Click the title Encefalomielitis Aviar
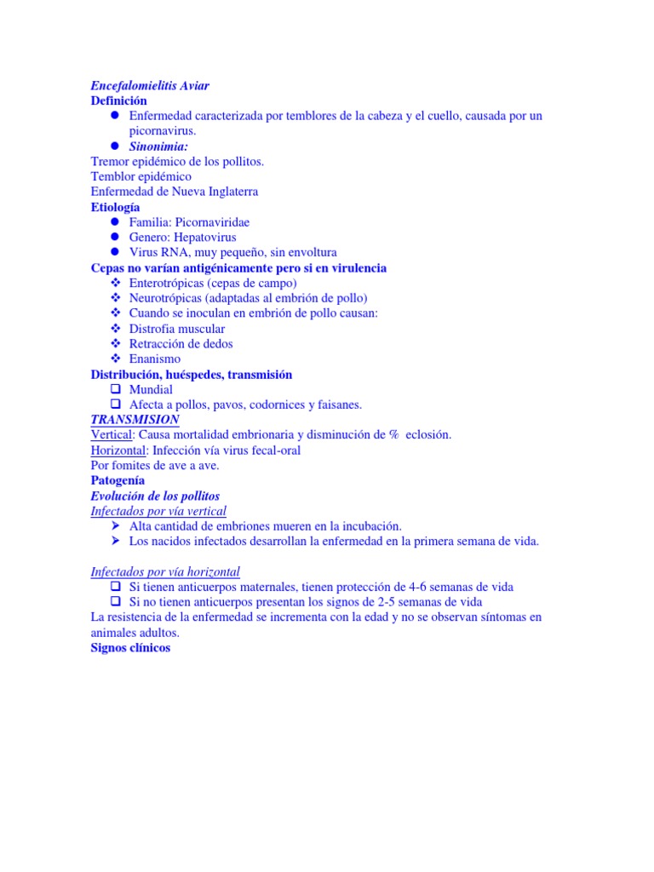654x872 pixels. click(150, 85)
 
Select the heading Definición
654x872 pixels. click(118, 100)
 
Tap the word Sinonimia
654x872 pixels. click(158, 146)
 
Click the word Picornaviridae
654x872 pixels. click(212, 222)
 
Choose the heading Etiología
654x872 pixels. click(116, 207)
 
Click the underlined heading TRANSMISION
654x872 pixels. click(135, 420)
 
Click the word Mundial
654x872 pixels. click(151, 390)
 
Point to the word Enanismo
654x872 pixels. click(155, 359)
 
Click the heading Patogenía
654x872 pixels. click(118, 481)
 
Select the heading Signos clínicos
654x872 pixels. click(130, 648)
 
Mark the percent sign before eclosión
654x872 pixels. click(394, 435)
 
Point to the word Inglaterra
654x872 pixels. click(227, 192)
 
